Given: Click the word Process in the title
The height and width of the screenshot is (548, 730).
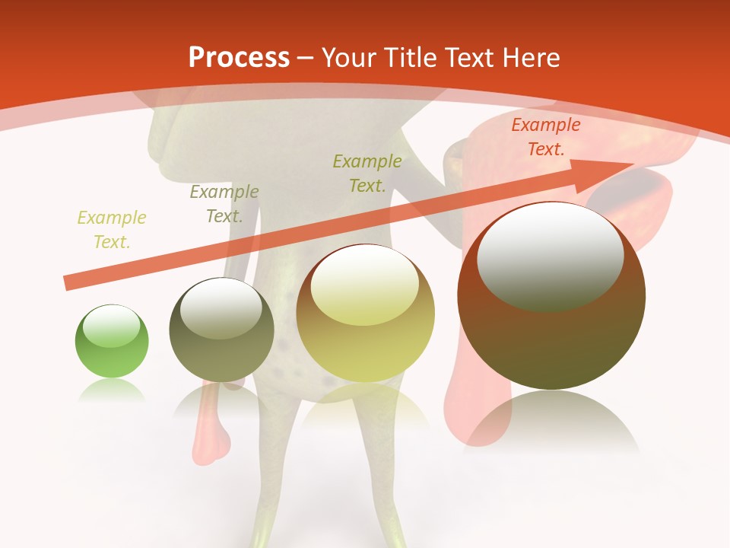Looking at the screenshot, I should click(x=239, y=58).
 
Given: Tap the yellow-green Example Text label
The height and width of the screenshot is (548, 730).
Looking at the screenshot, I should click(x=111, y=230).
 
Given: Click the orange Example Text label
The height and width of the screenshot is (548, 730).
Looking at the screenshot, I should click(x=545, y=137).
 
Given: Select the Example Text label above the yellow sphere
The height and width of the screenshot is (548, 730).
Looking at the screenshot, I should click(x=367, y=173).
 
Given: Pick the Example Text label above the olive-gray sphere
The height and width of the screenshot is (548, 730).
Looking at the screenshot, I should click(x=224, y=204).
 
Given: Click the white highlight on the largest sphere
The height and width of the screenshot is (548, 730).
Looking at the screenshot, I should click(x=550, y=257).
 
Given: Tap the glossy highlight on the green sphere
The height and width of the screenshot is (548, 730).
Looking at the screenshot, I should click(x=112, y=327).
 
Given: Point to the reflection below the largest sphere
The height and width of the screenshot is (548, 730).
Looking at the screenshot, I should click(x=551, y=419).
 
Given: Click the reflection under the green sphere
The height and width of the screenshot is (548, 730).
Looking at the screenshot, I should click(x=112, y=390).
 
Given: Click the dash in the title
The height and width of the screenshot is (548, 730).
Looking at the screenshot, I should click(x=306, y=59).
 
